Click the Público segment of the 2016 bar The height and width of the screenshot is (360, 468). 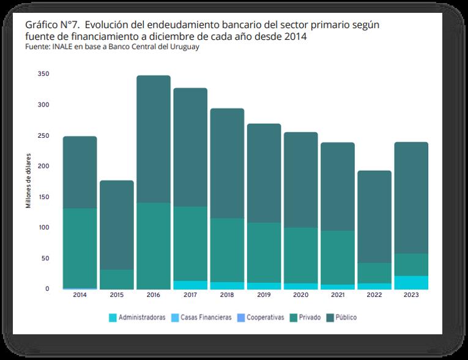(154, 139)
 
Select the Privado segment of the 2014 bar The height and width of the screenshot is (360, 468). (80, 248)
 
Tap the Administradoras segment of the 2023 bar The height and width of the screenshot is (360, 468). (411, 282)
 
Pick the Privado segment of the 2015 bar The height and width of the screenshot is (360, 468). (117, 279)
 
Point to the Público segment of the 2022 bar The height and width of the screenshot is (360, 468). (374, 217)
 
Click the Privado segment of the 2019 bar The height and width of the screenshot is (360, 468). (264, 252)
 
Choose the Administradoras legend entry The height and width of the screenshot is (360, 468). (137, 318)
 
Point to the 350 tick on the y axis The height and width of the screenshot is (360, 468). (43, 74)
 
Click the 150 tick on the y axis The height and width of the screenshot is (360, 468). (43, 197)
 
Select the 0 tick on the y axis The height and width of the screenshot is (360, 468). (46, 288)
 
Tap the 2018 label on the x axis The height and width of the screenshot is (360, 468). (227, 295)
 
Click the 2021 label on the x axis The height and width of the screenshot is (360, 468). (338, 295)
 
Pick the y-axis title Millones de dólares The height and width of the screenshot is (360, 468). (28, 181)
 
